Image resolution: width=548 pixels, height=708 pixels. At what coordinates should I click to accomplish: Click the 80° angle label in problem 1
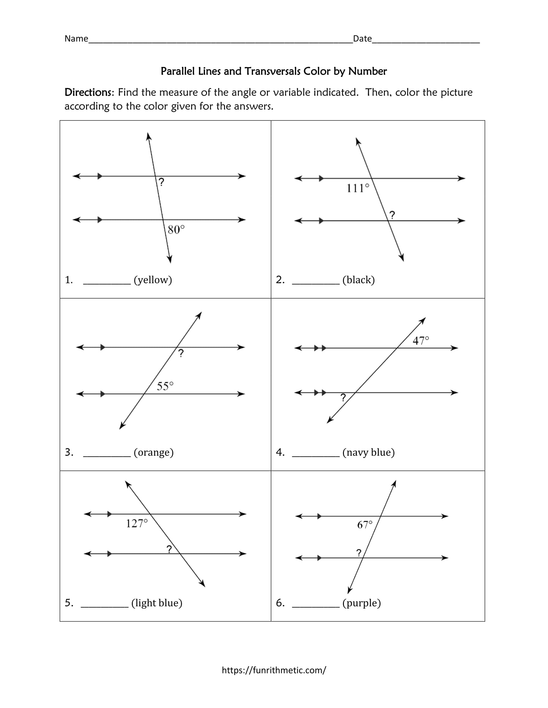176,230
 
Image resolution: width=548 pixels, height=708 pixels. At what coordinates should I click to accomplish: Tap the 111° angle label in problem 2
357,188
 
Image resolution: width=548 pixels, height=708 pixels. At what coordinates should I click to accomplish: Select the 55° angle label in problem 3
165,386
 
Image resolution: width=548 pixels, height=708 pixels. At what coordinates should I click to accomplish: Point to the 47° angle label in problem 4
421,341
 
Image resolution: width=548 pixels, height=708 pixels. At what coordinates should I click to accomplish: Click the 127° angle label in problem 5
137,524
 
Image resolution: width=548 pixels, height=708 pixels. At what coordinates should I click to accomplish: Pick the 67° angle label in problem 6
365,525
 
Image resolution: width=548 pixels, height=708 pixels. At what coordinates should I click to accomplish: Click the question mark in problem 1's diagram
161,182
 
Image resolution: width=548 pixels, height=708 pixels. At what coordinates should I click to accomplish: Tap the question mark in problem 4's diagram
343,398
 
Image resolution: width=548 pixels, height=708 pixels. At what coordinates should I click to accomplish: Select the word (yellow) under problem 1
153,280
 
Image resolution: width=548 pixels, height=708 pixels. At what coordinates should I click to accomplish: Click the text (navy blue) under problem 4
368,452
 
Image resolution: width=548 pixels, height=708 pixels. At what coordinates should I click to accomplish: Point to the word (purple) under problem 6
361,603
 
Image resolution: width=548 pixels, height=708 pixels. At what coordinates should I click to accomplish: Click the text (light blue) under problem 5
157,603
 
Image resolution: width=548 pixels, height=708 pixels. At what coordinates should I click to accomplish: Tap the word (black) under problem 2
358,280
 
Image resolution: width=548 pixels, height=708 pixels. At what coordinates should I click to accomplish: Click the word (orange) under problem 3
153,452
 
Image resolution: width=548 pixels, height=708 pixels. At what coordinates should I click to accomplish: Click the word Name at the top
76,39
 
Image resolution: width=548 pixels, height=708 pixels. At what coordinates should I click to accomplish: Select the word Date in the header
362,39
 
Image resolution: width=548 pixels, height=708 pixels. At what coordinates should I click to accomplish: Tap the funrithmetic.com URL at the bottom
274,670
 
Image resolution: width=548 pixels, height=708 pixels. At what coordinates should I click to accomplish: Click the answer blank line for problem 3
107,456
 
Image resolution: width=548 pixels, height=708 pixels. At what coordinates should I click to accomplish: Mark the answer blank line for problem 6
316,607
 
